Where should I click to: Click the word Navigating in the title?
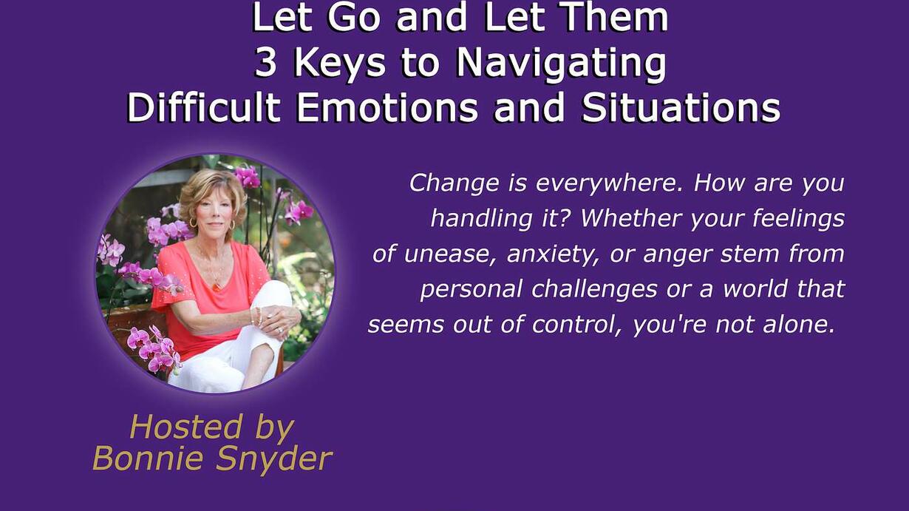[x=561, y=64]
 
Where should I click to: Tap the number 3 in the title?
[x=266, y=63]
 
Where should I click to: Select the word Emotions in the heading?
[x=387, y=108]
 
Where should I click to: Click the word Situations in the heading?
[x=681, y=108]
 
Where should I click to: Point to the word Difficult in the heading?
[x=204, y=108]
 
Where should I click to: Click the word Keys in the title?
[x=339, y=64]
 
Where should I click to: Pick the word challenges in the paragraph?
[x=594, y=290]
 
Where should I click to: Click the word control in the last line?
[x=576, y=325]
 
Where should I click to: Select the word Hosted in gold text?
[x=185, y=427]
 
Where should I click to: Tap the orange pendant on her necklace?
[x=217, y=286]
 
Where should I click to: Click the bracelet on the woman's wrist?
[x=257, y=316]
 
